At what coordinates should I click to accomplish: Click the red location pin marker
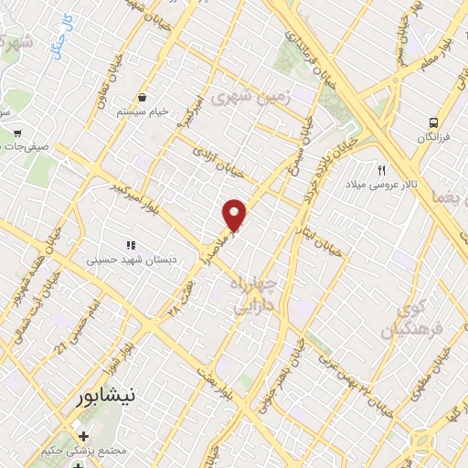click(235, 214)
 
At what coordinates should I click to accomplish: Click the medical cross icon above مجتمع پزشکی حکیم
click(84, 436)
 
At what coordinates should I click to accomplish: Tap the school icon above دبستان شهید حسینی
click(131, 244)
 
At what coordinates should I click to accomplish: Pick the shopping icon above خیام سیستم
click(143, 97)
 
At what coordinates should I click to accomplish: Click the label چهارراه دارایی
click(261, 294)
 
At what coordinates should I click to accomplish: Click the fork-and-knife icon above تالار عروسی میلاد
click(383, 169)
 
